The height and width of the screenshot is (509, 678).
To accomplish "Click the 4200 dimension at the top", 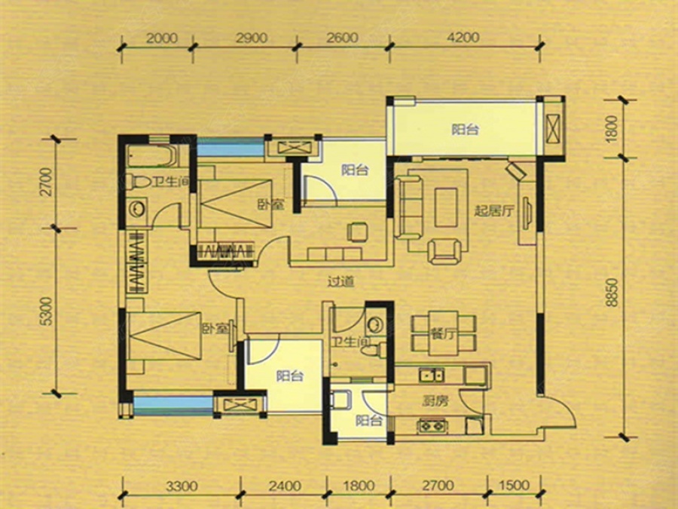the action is (x=463, y=38).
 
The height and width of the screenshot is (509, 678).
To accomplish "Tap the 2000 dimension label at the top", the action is (x=162, y=38).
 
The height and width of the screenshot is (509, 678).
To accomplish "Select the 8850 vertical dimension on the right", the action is (x=612, y=293).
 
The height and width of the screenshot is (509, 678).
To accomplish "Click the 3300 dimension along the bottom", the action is (x=182, y=486).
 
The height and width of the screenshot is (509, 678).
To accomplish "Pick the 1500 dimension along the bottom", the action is (x=514, y=485).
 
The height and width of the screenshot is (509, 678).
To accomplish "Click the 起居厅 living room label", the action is (x=493, y=211).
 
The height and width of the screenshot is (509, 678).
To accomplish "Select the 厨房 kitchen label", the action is (x=435, y=401).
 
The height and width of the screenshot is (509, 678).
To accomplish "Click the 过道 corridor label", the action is (x=341, y=281).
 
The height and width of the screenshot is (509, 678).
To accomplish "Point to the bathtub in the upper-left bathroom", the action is (x=151, y=156).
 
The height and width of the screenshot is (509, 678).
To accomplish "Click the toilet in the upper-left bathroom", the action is (x=138, y=182).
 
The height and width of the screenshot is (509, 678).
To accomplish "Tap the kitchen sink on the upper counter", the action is (x=432, y=375).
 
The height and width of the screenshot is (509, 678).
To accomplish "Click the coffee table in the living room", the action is (x=446, y=207).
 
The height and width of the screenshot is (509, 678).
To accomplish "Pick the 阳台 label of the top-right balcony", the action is (x=465, y=130).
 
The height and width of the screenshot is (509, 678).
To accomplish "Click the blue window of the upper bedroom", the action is (x=230, y=147).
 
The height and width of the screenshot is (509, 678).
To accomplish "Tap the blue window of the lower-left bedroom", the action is (x=173, y=405).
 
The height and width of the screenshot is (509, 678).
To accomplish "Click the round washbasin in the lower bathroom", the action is (x=375, y=323).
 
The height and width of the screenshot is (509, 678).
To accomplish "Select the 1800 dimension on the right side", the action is (x=612, y=128).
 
